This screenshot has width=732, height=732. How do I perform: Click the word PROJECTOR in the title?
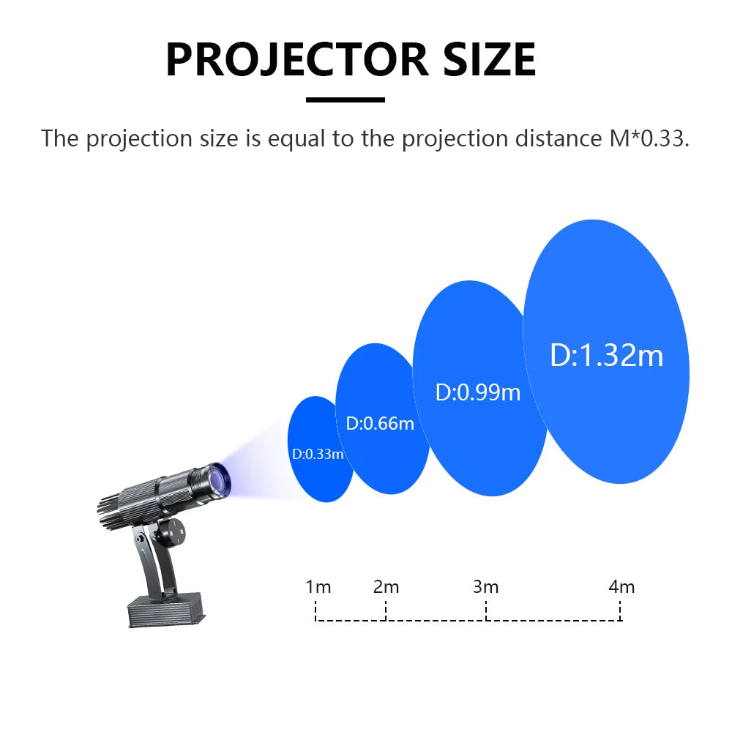[297, 59]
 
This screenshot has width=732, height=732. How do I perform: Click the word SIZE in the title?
[490, 59]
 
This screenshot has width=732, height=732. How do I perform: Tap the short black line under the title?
[346, 100]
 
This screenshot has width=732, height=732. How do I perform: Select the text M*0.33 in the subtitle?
[649, 138]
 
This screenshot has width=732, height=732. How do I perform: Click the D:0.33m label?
[318, 454]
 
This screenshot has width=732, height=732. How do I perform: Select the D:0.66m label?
[380, 423]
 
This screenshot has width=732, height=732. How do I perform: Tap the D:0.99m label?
[477, 392]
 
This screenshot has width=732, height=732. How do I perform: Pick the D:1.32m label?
[606, 355]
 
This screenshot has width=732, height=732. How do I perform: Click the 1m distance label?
[318, 587]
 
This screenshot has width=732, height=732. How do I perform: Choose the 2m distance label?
[386, 587]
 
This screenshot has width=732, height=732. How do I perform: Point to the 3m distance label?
[485, 587]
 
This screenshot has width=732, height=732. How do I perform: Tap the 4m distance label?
[621, 587]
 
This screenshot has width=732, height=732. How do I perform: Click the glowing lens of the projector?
[220, 480]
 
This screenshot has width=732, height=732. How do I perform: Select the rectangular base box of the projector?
[166, 610]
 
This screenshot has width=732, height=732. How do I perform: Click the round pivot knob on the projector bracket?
[170, 532]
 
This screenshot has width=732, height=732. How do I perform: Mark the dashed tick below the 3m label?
[486, 611]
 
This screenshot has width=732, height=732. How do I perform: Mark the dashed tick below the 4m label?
[621, 611]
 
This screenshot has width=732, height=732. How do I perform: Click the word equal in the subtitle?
[296, 139]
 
